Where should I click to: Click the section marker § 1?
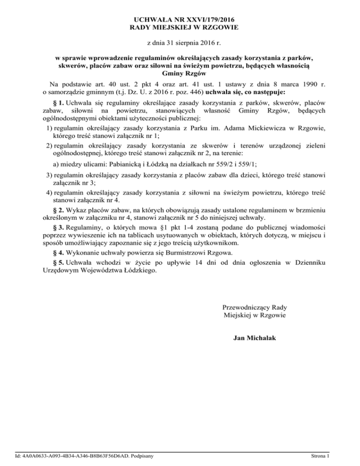tap(60, 102)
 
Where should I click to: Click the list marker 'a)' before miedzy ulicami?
tap(55, 165)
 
